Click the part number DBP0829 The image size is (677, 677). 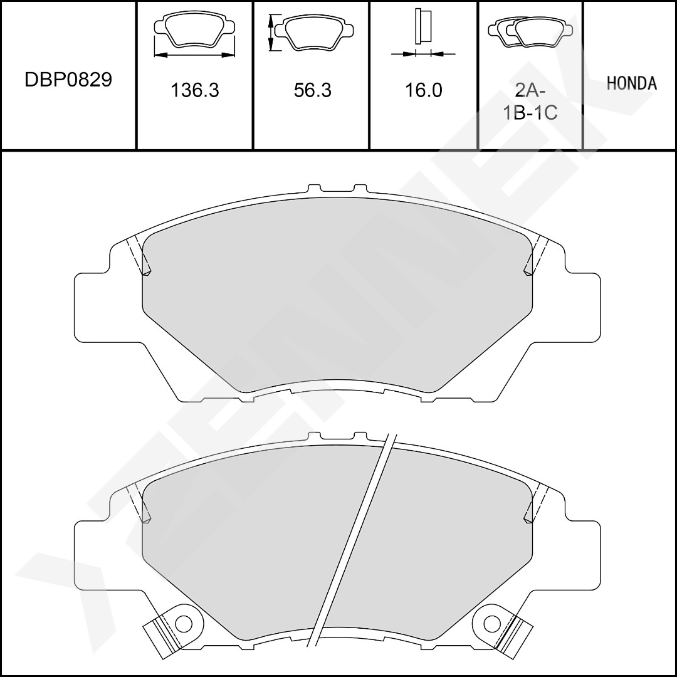(x=68, y=80)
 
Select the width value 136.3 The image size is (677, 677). (x=195, y=90)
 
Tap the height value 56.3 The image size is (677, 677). (x=312, y=90)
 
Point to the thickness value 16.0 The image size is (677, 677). (x=423, y=90)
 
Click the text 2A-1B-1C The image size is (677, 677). (x=530, y=102)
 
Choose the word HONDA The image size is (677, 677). (x=632, y=83)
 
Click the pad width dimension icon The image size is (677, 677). (x=194, y=35)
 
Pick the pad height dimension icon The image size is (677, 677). (x=311, y=32)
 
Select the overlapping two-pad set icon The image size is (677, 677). (x=530, y=32)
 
